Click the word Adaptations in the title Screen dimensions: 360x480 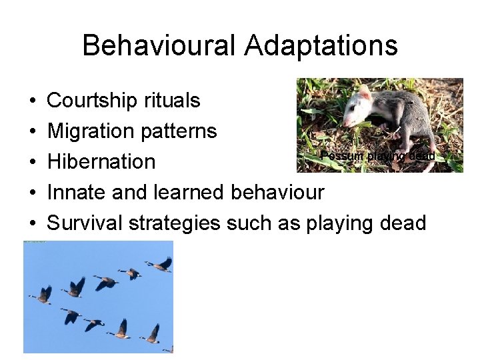[321, 46]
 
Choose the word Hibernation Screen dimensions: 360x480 [101, 162]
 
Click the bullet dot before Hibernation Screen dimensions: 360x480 [33, 162]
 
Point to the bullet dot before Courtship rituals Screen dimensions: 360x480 [33, 101]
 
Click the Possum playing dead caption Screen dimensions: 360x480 [378, 156]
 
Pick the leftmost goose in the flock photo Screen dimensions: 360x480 [41, 294]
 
